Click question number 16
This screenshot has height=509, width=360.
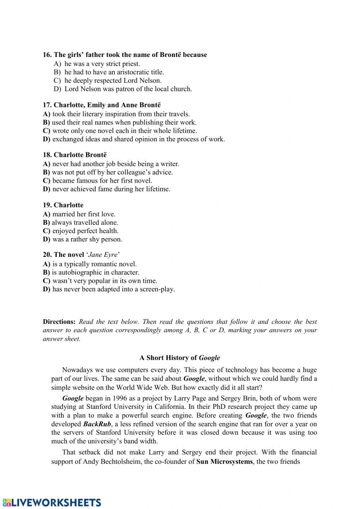47,55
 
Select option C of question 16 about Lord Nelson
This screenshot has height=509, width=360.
113,80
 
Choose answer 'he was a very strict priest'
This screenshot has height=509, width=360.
102,64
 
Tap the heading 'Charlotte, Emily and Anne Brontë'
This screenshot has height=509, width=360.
107,105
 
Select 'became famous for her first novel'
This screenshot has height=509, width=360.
102,180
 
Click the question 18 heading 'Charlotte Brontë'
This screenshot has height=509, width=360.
80,155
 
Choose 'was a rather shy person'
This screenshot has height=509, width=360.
87,239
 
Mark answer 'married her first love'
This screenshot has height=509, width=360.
84,214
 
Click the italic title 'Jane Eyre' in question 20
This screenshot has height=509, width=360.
103,255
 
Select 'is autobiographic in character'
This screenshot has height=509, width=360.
95,272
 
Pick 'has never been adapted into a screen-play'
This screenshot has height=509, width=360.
113,289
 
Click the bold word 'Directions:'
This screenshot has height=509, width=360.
59,322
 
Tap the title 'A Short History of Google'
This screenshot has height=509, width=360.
180,358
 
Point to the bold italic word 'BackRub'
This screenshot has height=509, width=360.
97,424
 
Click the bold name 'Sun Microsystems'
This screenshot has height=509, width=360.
224,461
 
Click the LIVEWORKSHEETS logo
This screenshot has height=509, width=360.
51,503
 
